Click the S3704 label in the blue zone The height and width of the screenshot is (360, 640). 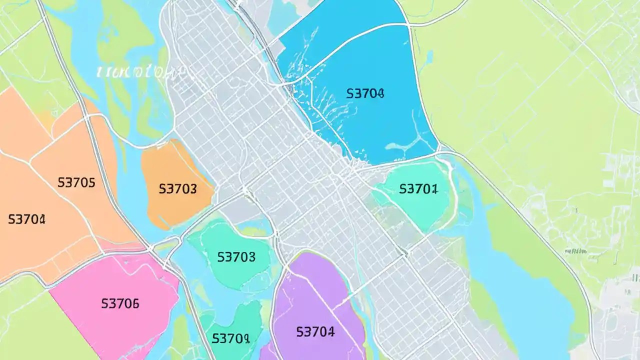tap(365, 93)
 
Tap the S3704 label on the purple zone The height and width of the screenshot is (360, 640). tap(315, 331)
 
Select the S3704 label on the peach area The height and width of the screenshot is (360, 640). tap(27, 219)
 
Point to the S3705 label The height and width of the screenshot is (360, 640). tap(76, 182)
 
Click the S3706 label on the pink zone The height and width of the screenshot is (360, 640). tap(120, 303)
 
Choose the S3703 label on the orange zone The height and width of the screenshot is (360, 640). tap(177, 189)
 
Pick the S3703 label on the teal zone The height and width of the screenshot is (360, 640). tap(236, 257)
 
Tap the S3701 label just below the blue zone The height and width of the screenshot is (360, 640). tap(418, 189)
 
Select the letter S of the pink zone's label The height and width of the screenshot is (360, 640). tap(104, 303)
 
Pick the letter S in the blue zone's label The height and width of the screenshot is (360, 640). tap(349, 93)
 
